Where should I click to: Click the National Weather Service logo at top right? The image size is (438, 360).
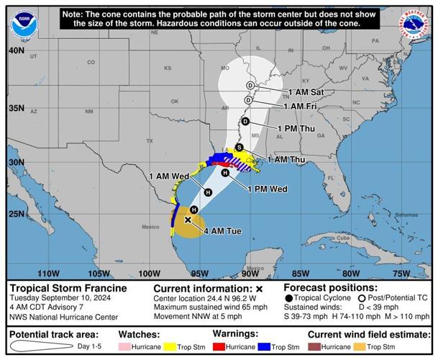tap(414, 24)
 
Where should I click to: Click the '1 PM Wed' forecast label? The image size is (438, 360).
tap(268, 189)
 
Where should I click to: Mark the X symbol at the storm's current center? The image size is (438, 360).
tap(188, 220)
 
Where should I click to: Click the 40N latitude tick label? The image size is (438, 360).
tap(16, 51)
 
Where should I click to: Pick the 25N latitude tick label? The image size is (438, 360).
tap(16, 214)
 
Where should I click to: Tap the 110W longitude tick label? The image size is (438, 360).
tap(48, 273)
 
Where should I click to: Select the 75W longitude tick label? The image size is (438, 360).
tap(401, 273)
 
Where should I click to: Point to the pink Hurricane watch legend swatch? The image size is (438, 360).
tap(127, 347)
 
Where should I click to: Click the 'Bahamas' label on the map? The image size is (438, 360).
tap(385, 215)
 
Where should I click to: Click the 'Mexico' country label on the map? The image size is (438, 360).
tap(150, 227)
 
